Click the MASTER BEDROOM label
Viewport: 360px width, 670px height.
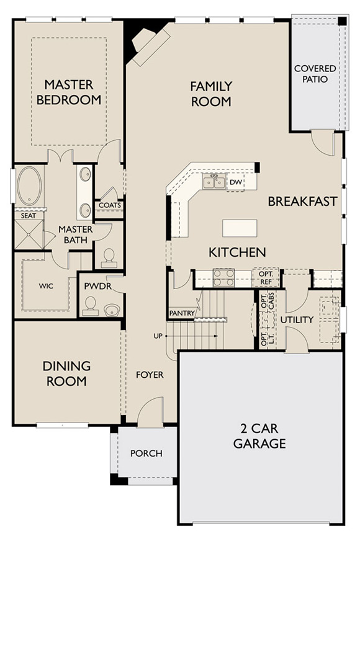pyautogui.click(x=68, y=92)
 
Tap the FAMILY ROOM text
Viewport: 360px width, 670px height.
pyautogui.click(x=211, y=94)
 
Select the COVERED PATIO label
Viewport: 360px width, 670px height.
pyautogui.click(x=315, y=74)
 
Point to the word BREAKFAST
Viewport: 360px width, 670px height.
pyautogui.click(x=302, y=202)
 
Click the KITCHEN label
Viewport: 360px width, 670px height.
pyautogui.click(x=237, y=252)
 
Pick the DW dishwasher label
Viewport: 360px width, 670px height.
pyautogui.click(x=235, y=182)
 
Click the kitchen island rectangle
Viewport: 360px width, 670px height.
pyautogui.click(x=240, y=226)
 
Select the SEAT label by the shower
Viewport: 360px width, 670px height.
pyautogui.click(x=28, y=215)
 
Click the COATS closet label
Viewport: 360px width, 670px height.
pyautogui.click(x=109, y=205)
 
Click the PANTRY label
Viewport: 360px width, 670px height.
pyautogui.click(x=182, y=313)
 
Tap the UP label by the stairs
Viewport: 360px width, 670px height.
pyautogui.click(x=158, y=336)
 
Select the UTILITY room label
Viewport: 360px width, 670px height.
pyautogui.click(x=297, y=320)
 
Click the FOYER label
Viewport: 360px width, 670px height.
pyautogui.click(x=150, y=375)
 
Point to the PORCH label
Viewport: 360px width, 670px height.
pyautogui.click(x=146, y=453)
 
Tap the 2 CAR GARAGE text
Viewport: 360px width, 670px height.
pyautogui.click(x=259, y=435)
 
